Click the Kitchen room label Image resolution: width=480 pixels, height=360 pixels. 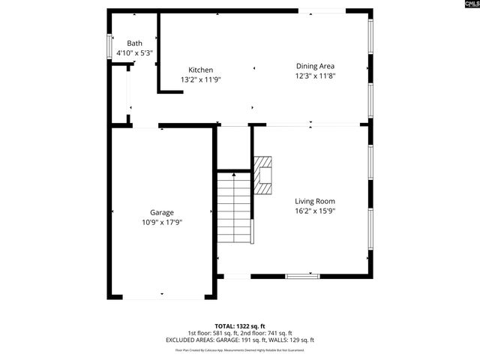tap(200, 70)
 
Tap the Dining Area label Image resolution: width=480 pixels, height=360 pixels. tap(314, 66)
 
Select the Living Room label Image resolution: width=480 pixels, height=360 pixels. tap(314, 201)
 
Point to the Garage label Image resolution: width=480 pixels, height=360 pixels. tap(162, 212)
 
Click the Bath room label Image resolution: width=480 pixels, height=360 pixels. tap(134, 43)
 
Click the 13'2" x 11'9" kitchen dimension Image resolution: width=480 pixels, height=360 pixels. tap(200, 79)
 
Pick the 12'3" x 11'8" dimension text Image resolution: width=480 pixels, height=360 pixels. tap(314, 76)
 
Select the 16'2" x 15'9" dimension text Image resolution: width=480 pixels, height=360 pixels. tap(314, 211)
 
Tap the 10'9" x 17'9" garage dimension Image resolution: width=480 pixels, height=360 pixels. tap(162, 222)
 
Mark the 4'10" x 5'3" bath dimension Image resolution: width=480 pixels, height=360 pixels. tap(134, 53)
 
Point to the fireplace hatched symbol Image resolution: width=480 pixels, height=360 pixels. tap(262, 175)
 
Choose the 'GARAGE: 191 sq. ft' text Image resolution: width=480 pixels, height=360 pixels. tap(240, 340)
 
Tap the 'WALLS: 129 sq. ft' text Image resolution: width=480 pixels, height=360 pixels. tap(290, 340)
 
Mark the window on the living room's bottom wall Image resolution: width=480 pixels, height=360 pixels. tap(302, 276)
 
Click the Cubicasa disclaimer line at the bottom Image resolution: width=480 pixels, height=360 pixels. tap(239, 349)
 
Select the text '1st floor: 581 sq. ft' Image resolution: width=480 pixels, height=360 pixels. tap(212, 333)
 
